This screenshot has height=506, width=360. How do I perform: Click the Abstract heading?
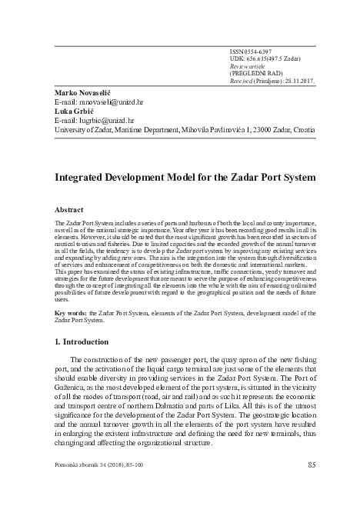[68, 208]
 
